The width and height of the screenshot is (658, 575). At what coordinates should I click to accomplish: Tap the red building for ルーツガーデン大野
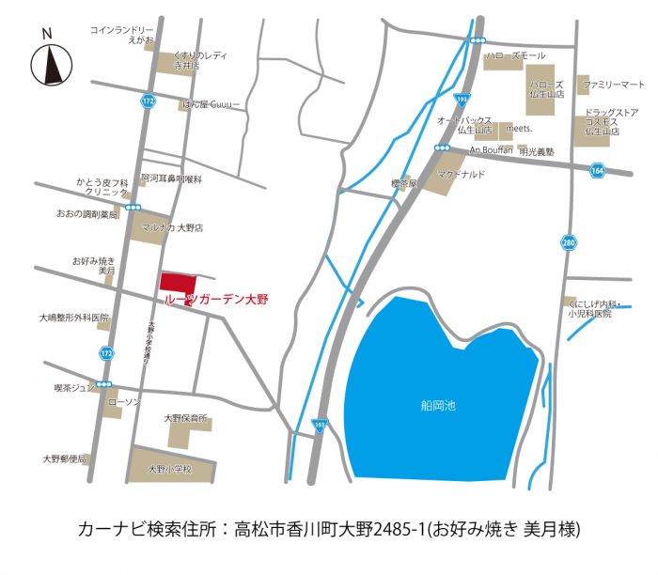(178, 283)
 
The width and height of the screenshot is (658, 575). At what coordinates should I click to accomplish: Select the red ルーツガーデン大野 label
(216, 300)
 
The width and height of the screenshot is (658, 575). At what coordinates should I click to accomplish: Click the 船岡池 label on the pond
(438, 406)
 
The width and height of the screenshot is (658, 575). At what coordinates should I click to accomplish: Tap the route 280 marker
(568, 242)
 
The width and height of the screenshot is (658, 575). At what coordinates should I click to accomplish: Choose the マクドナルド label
(461, 173)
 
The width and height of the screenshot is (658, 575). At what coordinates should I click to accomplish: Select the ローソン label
(125, 401)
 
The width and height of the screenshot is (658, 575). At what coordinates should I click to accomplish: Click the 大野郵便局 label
(64, 459)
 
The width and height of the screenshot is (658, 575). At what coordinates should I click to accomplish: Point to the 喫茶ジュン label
(74, 386)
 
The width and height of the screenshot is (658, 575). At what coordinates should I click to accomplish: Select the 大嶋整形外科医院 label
(74, 319)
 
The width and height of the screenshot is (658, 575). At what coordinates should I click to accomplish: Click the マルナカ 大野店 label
(172, 227)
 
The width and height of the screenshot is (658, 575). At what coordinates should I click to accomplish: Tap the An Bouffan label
(490, 150)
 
